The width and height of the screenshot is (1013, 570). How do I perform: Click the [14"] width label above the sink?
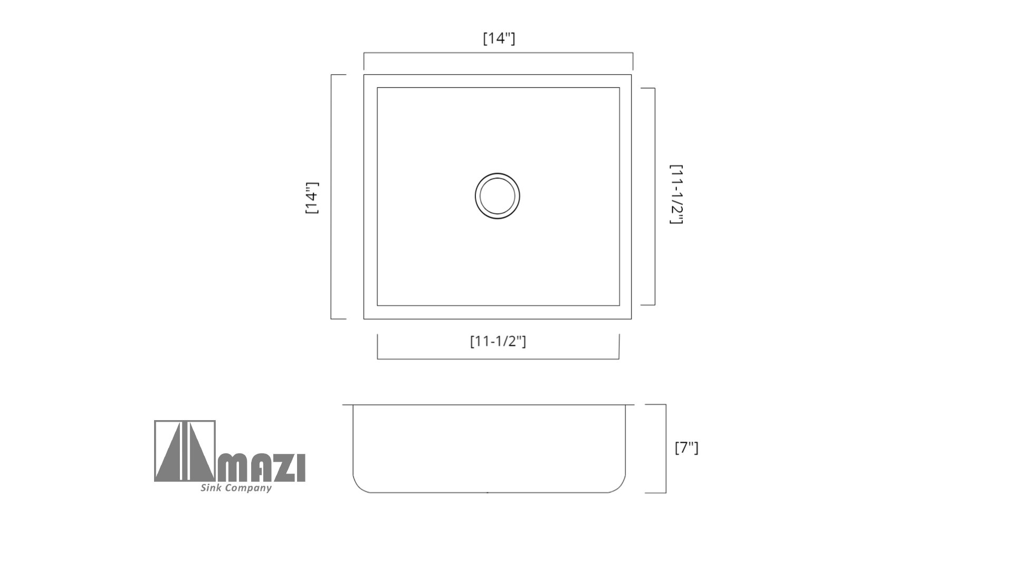coord(499,39)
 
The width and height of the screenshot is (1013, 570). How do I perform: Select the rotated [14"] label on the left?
coord(312,198)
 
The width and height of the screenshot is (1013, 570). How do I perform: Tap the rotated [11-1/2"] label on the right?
coord(676,194)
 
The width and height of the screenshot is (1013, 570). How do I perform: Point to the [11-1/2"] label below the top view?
coord(498,341)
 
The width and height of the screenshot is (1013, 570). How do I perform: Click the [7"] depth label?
coord(686,448)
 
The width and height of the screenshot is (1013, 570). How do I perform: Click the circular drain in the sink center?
coord(498,196)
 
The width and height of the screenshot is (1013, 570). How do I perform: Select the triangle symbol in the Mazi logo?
coord(185,451)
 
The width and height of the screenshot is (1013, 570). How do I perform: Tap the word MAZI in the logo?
coord(261,468)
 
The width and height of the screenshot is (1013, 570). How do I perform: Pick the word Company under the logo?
coord(248,488)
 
